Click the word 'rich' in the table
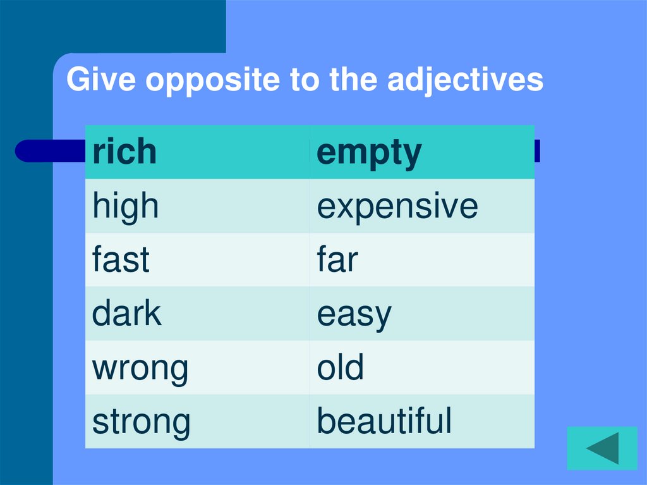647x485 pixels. pos(124,152)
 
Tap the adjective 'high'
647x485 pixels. pos(125,207)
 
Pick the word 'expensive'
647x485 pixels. pos(397,207)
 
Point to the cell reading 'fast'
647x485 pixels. pos(121,260)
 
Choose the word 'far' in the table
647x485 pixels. pos(337,260)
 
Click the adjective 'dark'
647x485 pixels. pos(126,314)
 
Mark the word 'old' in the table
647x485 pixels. pos(341,367)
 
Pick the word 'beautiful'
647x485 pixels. pos(384,421)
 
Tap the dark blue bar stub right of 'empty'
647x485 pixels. pos(537,151)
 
